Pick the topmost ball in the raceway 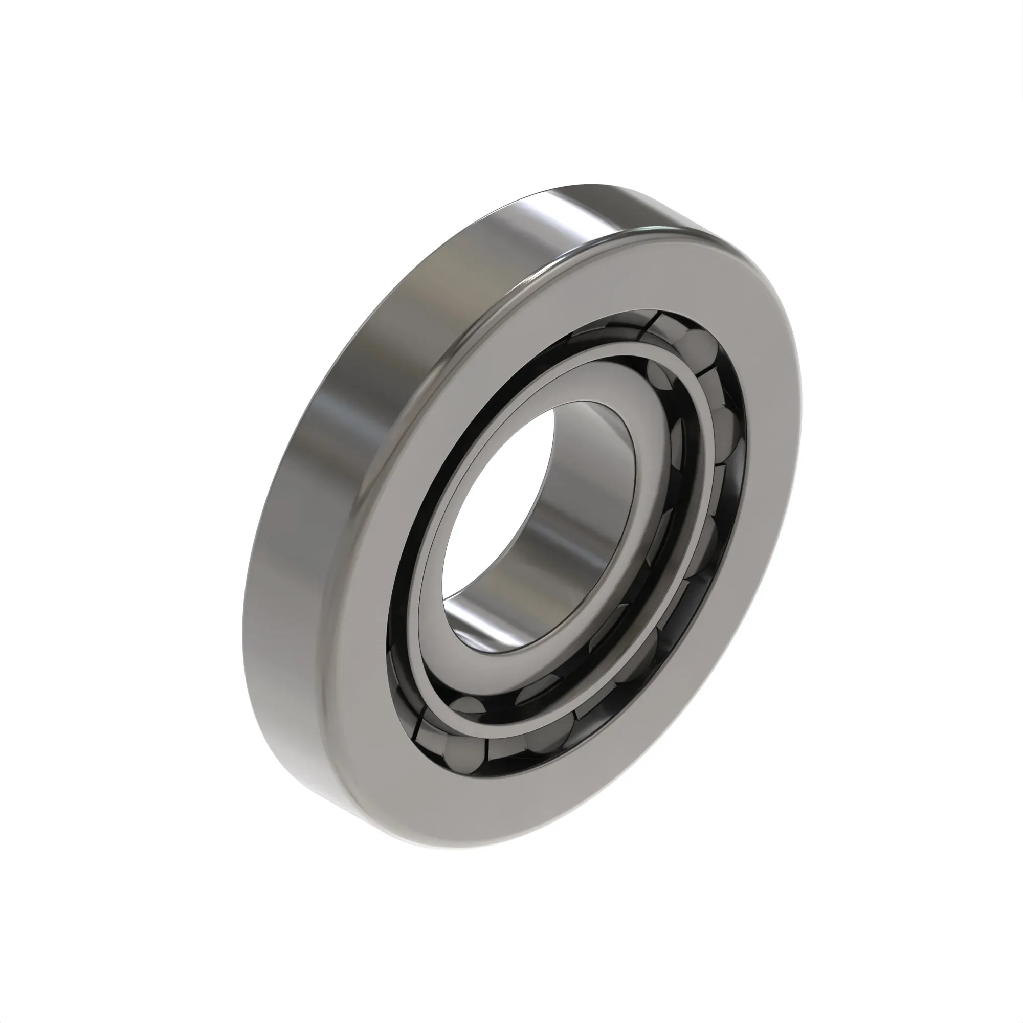click(x=694, y=344)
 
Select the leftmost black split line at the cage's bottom click(x=418, y=728)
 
